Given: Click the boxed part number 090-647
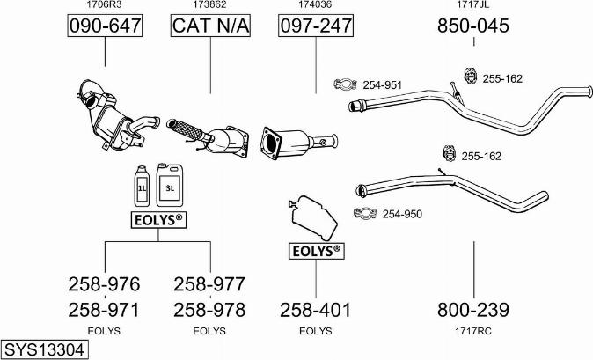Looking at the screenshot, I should pyautogui.click(x=105, y=26).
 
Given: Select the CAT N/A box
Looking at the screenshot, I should pyautogui.click(x=210, y=26).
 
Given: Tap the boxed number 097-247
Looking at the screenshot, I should pyautogui.click(x=316, y=26).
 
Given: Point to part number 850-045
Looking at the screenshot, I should pyautogui.click(x=473, y=26).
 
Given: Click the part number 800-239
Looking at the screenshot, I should pyautogui.click(x=473, y=309).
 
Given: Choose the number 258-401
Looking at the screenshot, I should pyautogui.click(x=315, y=309).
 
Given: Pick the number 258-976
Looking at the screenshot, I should pyautogui.click(x=104, y=284).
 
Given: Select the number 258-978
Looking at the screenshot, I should pyautogui.click(x=209, y=309).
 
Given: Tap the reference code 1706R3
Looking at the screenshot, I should pyautogui.click(x=104, y=5).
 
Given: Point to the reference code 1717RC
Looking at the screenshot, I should pyautogui.click(x=473, y=331).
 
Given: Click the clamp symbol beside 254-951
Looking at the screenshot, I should pyautogui.click(x=344, y=84).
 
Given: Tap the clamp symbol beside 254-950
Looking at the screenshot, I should pyautogui.click(x=363, y=212).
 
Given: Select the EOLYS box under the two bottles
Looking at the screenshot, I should pyautogui.click(x=157, y=218).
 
